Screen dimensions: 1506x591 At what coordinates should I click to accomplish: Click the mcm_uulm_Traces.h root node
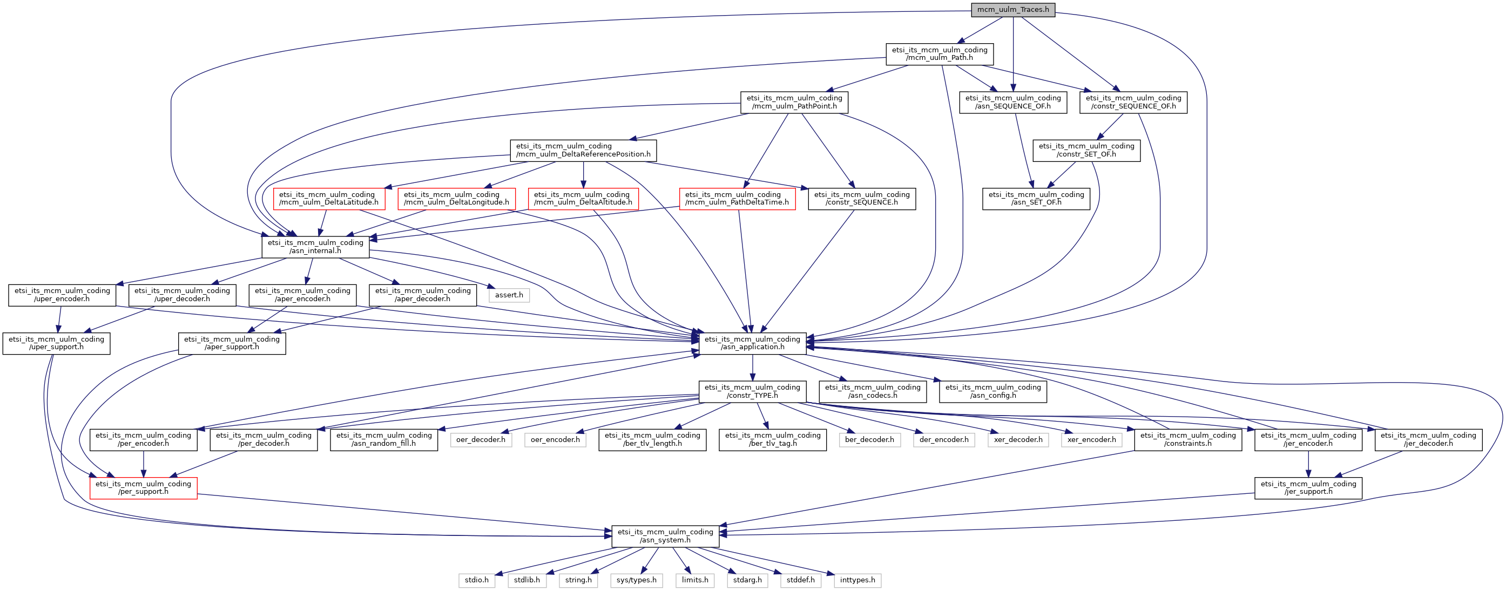1013,10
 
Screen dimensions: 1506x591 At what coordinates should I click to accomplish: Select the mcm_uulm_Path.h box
940,54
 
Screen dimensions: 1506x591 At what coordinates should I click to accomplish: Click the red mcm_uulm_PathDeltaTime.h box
737,199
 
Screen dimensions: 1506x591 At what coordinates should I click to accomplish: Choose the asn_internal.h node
315,247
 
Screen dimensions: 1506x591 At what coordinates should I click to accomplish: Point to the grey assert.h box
509,295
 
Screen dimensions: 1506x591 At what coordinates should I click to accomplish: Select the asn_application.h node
752,343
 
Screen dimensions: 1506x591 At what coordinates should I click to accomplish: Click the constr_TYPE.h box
752,392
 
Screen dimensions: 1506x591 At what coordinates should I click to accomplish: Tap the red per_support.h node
143,488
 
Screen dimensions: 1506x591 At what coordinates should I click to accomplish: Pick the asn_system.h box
665,536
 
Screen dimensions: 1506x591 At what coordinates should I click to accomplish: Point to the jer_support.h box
1308,488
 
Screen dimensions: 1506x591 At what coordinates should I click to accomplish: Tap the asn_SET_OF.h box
1036,199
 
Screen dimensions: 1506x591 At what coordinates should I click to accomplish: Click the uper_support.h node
56,343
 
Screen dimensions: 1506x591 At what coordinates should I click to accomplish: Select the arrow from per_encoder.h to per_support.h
143,464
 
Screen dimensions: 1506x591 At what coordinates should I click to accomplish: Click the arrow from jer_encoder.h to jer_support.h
1308,464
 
